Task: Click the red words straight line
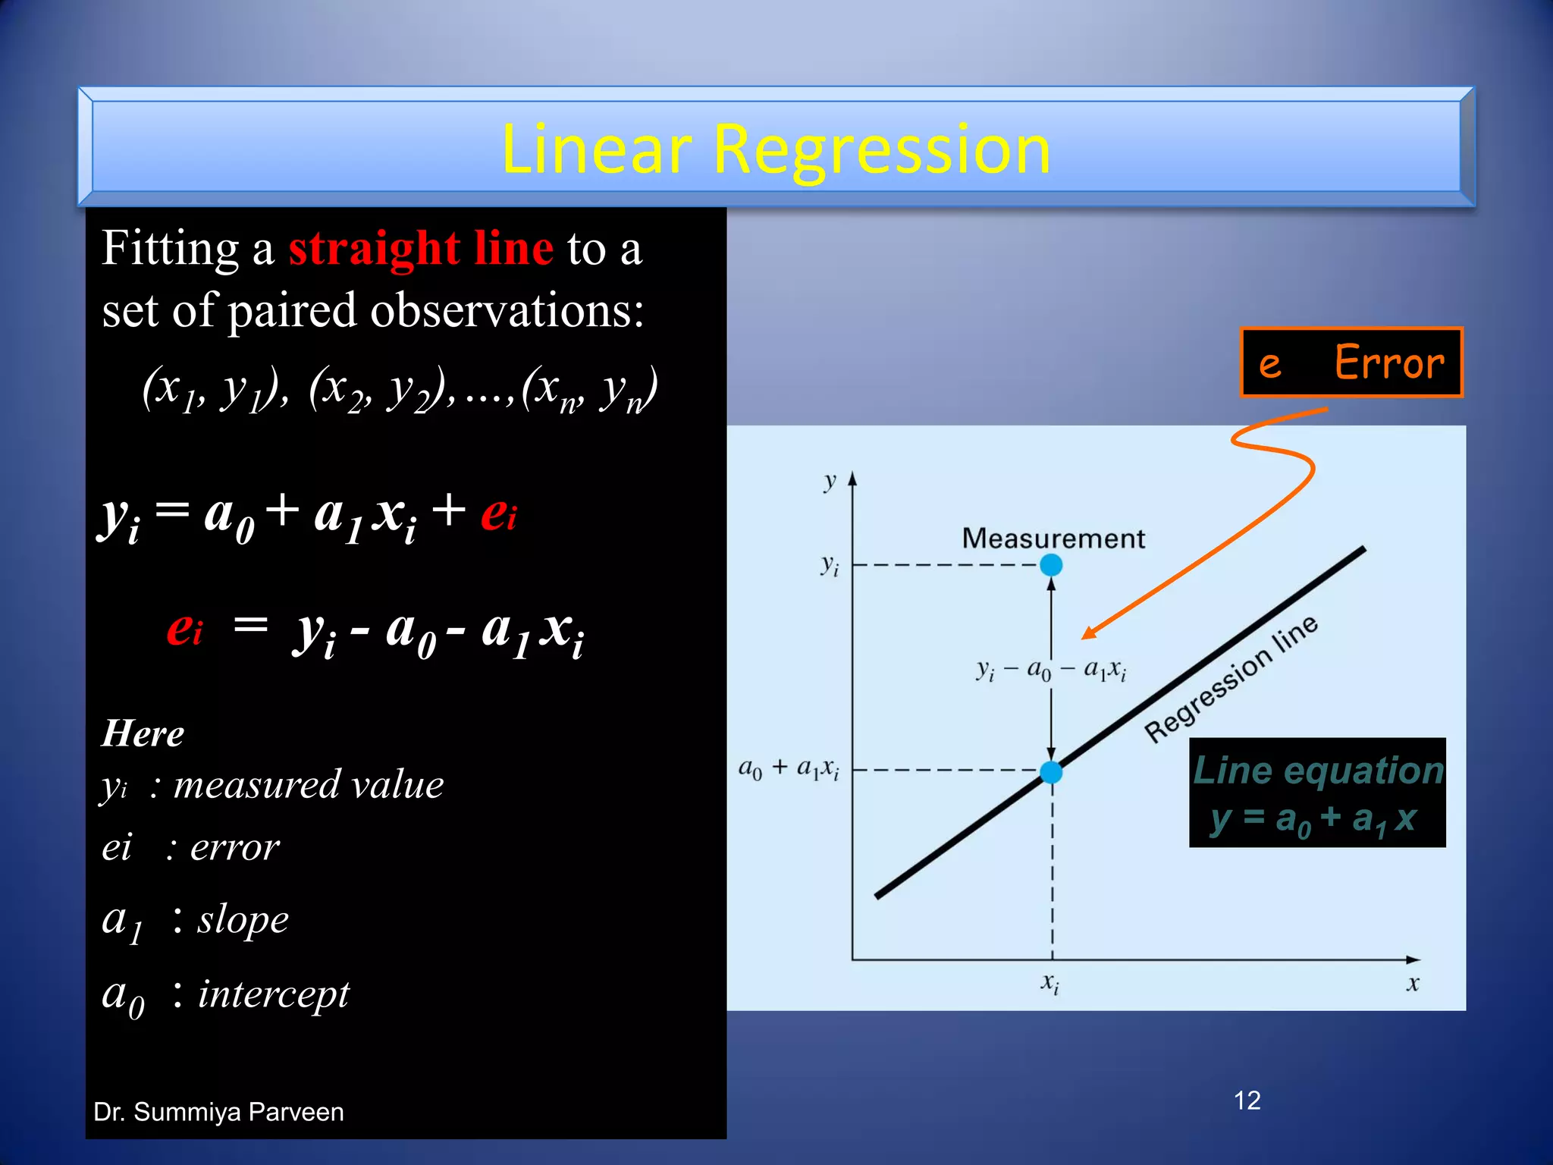point(421,249)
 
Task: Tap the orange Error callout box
point(1351,363)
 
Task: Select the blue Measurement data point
point(1051,565)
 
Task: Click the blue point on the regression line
point(1051,772)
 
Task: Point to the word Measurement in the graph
point(1053,539)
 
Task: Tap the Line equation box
point(1317,793)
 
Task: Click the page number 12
point(1247,1101)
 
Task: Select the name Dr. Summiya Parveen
point(218,1112)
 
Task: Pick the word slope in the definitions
point(243,920)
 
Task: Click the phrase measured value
point(308,785)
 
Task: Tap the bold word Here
point(143,733)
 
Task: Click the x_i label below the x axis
point(1049,984)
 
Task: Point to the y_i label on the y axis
point(830,565)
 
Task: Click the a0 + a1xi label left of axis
point(789,769)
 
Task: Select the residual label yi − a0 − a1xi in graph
point(1051,670)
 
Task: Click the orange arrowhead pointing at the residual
point(1089,633)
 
